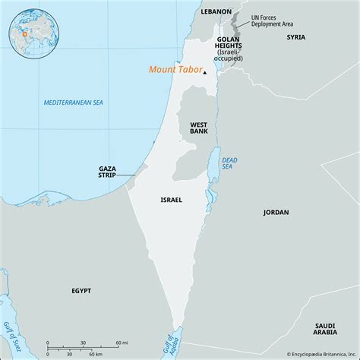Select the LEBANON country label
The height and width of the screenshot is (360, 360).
(x=216, y=12)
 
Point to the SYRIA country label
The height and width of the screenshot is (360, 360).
(x=294, y=36)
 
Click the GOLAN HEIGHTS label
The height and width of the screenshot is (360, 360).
(x=229, y=43)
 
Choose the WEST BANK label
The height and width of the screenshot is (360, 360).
(x=198, y=128)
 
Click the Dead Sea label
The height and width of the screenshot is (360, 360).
(x=229, y=164)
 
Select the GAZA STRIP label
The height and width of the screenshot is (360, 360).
(x=108, y=172)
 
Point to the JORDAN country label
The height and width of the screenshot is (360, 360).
(x=276, y=213)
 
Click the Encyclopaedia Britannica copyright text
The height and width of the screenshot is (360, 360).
(x=306, y=354)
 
